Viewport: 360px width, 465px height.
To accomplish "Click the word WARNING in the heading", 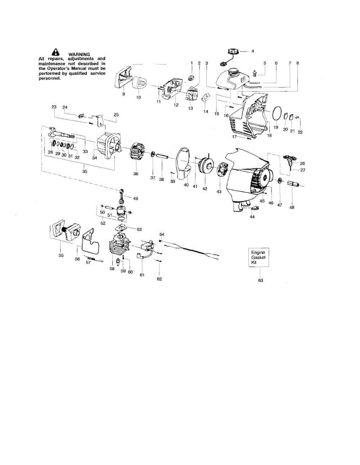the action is [x=79, y=54].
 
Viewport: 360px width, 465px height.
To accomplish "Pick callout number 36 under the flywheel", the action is [x=136, y=174].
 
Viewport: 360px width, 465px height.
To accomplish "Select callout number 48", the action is [x=292, y=207].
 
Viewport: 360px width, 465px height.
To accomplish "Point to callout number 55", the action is [x=61, y=255].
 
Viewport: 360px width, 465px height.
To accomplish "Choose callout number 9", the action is [x=123, y=94].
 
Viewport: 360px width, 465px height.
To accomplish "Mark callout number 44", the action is [x=252, y=217].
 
